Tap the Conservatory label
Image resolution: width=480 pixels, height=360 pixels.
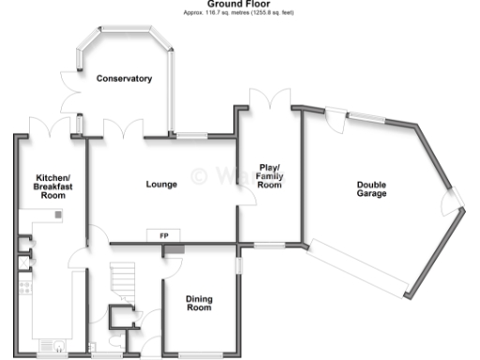click(x=125, y=79)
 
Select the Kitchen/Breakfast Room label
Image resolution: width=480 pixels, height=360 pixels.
click(x=52, y=187)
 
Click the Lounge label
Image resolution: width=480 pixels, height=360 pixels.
click(x=161, y=184)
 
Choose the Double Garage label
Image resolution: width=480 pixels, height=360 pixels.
click(x=371, y=189)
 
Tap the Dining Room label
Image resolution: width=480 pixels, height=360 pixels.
click(x=199, y=303)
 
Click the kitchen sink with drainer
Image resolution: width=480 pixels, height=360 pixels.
click(x=52, y=343)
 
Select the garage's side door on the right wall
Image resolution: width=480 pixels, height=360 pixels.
click(x=455, y=201)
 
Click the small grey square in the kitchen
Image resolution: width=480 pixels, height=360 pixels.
click(x=58, y=216)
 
